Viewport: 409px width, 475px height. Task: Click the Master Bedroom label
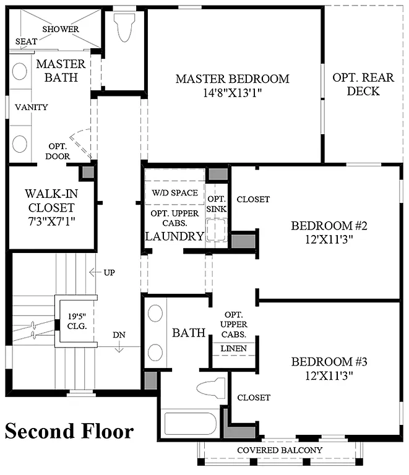click(x=232, y=79)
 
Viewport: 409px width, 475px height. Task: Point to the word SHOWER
click(x=61, y=29)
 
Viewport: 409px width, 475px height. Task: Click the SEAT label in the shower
click(x=25, y=41)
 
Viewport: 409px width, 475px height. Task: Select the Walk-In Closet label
click(x=50, y=199)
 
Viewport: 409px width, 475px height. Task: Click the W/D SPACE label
click(x=175, y=192)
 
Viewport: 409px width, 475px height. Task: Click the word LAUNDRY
click(x=174, y=236)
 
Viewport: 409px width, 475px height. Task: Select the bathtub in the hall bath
click(x=191, y=424)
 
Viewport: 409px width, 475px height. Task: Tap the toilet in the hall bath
click(x=210, y=388)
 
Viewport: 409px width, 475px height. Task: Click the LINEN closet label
click(x=234, y=349)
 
